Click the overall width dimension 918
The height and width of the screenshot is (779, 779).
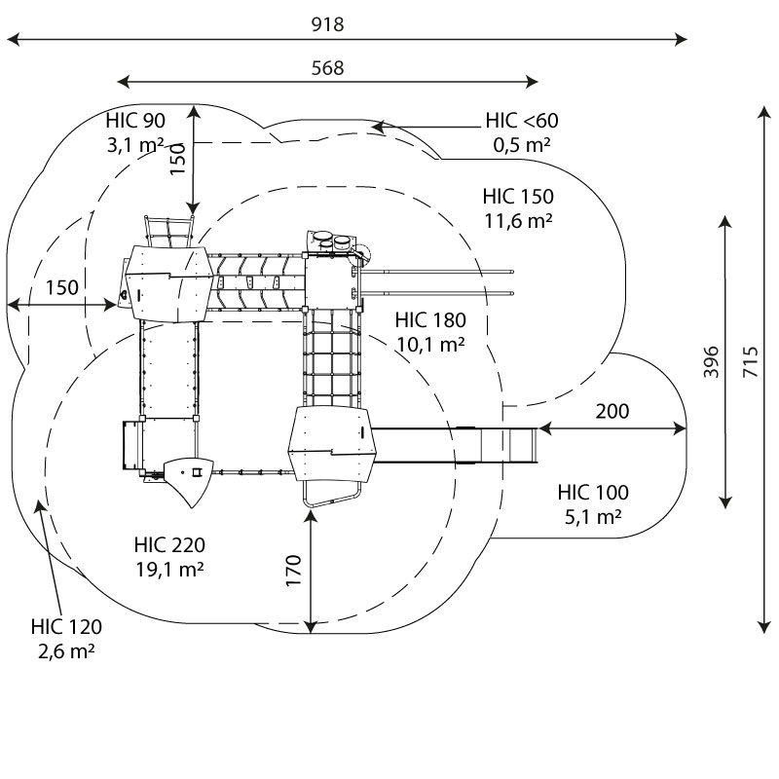tap(327, 24)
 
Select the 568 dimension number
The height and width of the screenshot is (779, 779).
tap(327, 67)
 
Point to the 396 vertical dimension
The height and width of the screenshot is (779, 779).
tap(711, 362)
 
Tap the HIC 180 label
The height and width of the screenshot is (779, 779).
tap(430, 319)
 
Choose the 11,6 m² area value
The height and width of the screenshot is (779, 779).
tap(518, 220)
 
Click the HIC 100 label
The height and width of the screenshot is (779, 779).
tap(593, 492)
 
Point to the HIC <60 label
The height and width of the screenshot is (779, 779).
tap(522, 121)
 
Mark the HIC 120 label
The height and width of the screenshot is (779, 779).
tap(66, 626)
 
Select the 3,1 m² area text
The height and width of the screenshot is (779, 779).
tap(135, 145)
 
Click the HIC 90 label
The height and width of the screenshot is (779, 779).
tap(135, 121)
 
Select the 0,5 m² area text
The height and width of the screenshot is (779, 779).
tap(522, 144)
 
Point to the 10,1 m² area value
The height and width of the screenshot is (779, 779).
tap(430, 343)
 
